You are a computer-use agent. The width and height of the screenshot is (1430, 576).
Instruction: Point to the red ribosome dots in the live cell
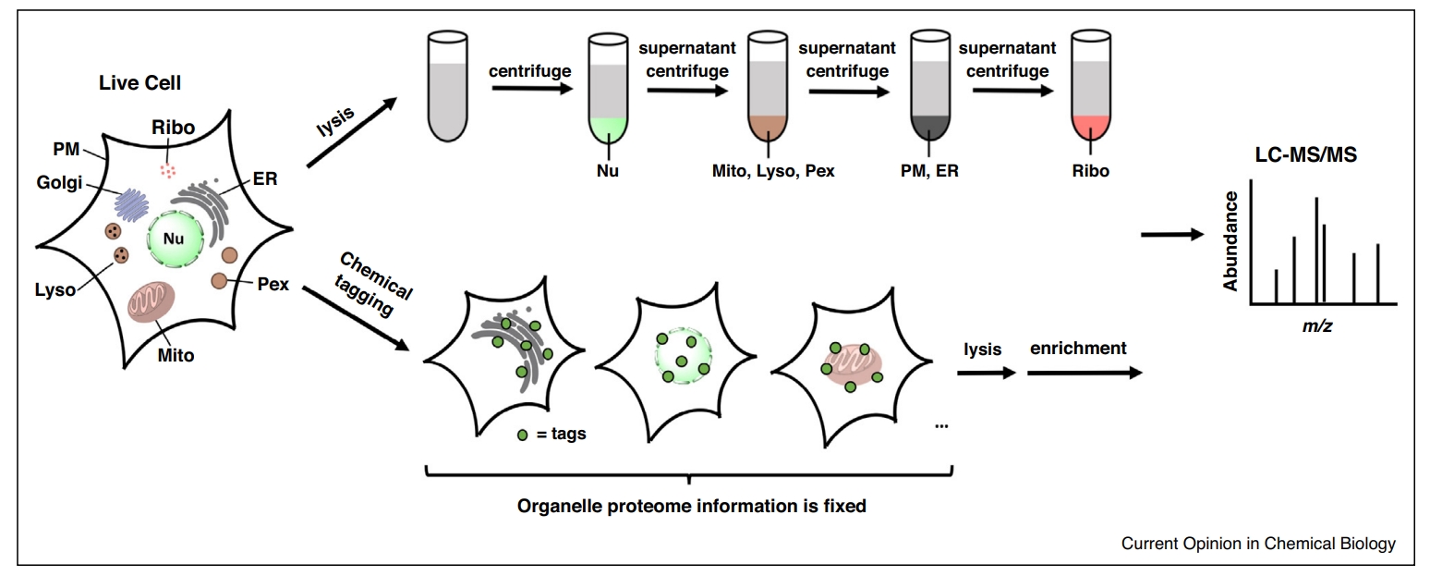167,171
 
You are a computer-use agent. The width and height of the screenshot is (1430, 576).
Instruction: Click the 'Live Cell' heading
140,83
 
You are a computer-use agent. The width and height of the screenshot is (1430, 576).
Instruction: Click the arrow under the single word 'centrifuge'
529,90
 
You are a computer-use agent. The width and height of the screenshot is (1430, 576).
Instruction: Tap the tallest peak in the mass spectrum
1316,250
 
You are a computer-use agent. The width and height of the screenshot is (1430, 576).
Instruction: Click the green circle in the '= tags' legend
522,435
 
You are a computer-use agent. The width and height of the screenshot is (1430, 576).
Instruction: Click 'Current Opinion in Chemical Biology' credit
1258,544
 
